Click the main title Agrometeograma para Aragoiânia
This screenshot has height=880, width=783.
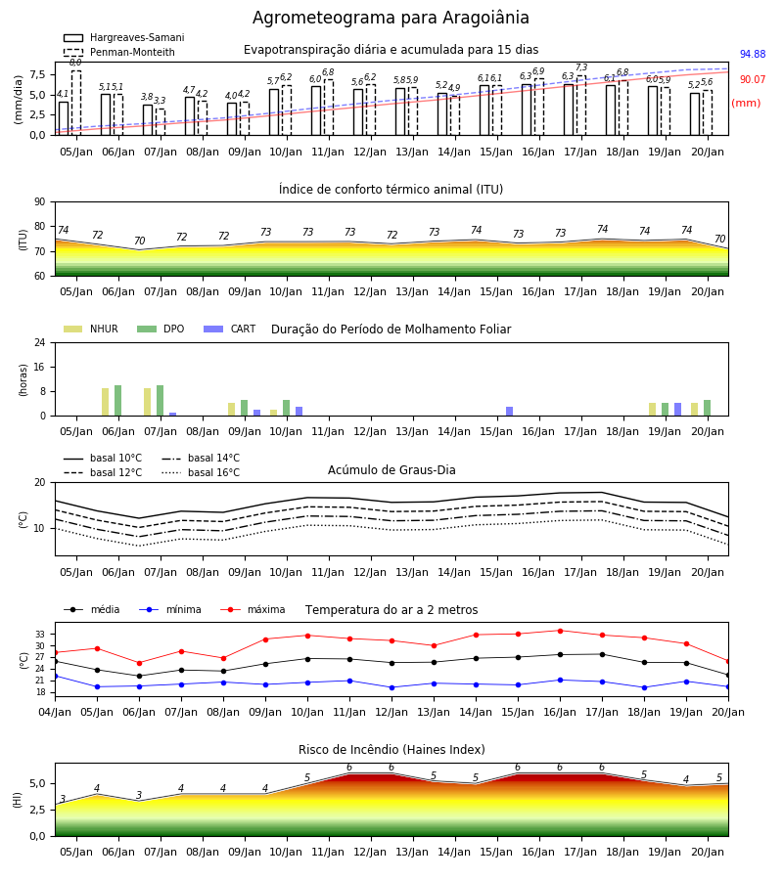391,18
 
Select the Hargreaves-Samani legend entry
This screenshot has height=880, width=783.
124,37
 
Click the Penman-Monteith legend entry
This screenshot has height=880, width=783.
119,52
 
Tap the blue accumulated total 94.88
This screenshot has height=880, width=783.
753,55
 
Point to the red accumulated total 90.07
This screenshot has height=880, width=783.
753,80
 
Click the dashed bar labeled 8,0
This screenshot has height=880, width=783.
75,103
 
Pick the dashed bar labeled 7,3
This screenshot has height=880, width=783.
581,106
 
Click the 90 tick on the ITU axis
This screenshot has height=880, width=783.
40,202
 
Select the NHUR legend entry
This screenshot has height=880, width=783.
91,329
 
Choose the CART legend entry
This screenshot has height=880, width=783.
230,329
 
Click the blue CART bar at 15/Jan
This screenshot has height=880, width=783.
510,412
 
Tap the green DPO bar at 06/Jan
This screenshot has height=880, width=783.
118,401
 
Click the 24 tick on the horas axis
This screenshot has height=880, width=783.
40,342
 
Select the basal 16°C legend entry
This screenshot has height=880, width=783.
201,472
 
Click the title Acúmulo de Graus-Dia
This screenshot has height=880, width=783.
391,469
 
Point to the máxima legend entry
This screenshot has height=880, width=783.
253,609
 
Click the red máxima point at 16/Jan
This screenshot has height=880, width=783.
560,631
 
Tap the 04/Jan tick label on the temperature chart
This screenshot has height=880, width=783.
55,712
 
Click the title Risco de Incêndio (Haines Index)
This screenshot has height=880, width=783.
391,750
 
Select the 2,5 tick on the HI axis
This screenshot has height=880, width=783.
38,810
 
